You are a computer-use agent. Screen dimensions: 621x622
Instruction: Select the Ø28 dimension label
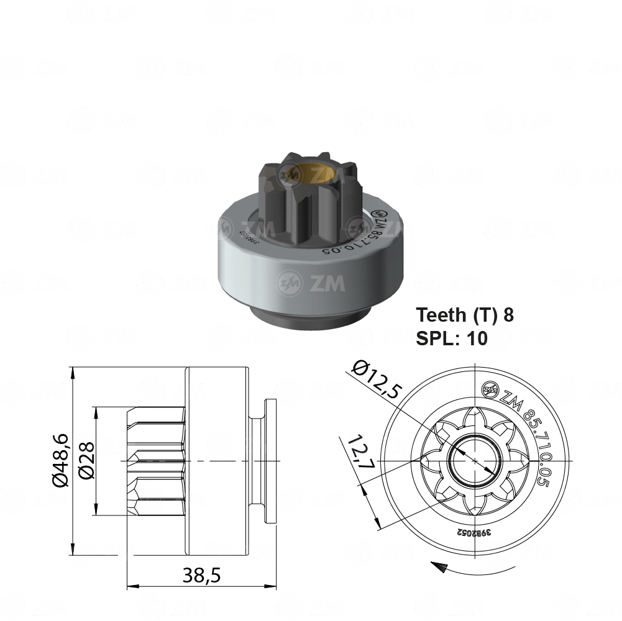coord(86,462)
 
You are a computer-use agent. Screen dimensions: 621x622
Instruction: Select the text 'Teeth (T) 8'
coord(465,315)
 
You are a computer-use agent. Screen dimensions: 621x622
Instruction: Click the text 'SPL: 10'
coord(451,338)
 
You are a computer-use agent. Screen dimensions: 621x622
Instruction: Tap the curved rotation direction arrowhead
coord(439,566)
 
